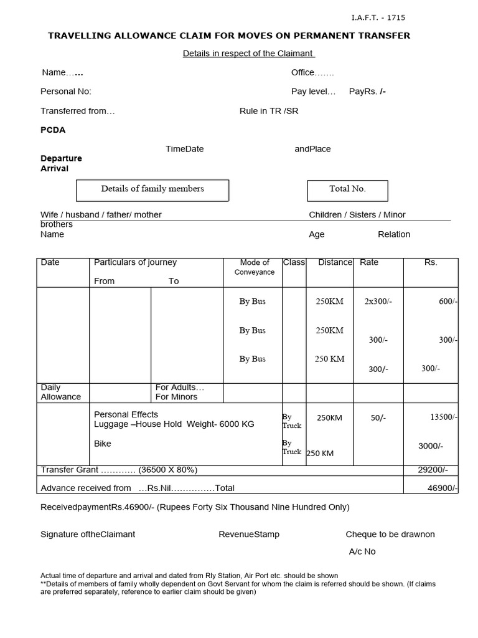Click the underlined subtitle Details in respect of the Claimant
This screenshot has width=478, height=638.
[248, 54]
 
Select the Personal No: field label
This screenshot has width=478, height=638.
[66, 92]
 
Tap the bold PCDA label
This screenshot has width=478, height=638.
[53, 130]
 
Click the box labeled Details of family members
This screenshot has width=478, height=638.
[152, 189]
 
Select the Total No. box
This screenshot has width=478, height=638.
[347, 189]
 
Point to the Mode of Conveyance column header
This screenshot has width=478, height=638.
[255, 267]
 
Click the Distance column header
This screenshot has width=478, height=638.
[335, 262]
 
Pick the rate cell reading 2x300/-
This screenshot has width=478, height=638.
[378, 302]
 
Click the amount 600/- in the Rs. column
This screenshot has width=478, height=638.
[448, 302]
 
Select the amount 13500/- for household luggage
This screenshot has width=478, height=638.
[444, 417]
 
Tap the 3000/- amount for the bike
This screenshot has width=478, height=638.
[431, 446]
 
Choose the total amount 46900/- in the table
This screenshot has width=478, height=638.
[443, 488]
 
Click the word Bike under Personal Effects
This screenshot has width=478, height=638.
[103, 444]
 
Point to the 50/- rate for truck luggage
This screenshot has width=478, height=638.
[378, 418]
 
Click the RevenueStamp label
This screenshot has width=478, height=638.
[249, 535]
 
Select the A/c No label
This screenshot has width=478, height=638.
[362, 551]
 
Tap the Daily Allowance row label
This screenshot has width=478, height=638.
[61, 392]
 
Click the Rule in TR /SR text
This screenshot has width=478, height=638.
[269, 111]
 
